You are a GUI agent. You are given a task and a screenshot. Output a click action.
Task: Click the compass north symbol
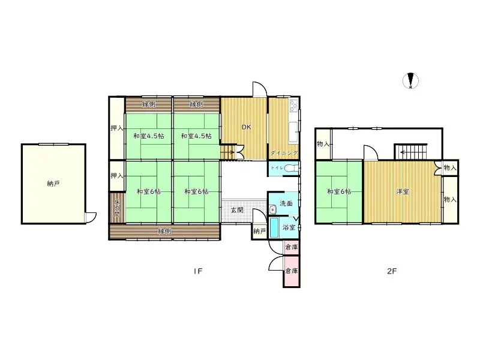tap(411, 80)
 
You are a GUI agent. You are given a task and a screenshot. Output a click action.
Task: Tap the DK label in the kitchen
tap(246, 127)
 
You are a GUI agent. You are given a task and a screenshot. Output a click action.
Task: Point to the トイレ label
tap(277, 169)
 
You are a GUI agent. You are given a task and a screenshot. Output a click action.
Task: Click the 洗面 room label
tap(286, 203)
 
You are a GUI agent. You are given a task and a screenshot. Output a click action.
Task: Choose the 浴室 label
tap(289, 227)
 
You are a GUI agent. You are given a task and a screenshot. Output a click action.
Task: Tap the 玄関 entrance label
tap(237, 210)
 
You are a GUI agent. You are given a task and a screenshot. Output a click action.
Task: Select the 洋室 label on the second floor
tap(403, 192)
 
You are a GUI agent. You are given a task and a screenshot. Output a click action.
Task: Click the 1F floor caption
tap(198, 271)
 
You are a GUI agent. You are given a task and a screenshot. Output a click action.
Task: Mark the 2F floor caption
tap(391, 271)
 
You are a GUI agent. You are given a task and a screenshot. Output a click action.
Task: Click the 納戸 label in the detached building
tap(53, 184)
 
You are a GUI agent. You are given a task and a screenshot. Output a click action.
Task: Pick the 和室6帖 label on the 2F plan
tap(339, 192)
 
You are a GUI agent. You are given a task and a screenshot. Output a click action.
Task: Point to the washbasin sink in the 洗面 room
tap(272, 209)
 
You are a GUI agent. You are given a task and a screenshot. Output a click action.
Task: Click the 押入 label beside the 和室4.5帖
tap(117, 128)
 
